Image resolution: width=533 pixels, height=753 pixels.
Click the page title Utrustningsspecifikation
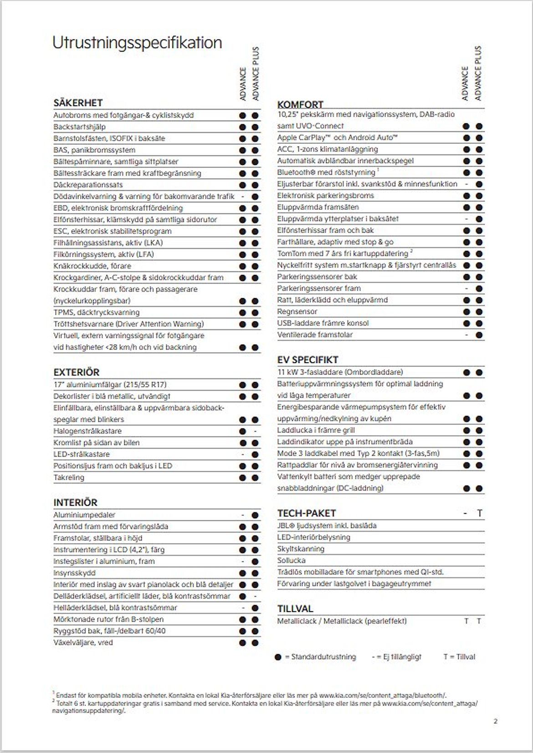(137, 43)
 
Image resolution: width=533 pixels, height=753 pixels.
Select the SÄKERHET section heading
(78, 103)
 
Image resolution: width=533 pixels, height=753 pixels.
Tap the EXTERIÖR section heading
(76, 372)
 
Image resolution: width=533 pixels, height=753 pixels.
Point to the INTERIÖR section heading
(75, 503)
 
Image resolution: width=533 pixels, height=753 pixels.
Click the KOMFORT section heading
(300, 104)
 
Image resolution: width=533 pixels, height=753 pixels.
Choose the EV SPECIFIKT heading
(307, 360)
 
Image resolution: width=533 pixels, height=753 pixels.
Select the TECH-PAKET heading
(306, 513)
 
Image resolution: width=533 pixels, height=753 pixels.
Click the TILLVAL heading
(295, 609)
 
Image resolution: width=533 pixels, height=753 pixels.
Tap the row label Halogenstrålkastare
(87, 431)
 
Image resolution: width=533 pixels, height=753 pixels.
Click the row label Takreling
(69, 478)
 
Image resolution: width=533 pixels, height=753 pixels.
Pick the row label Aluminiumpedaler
(84, 515)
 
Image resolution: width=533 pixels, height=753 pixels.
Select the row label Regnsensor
(297, 311)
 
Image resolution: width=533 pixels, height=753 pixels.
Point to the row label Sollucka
(291, 560)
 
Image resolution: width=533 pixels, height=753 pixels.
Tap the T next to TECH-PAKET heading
(479, 513)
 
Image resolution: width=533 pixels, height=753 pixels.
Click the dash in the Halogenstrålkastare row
(255, 431)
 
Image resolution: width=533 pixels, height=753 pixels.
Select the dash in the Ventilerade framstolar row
(466, 335)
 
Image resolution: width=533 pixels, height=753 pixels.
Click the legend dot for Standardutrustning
(278, 657)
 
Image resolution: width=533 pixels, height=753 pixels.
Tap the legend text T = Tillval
(459, 657)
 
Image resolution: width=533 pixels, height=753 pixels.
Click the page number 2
(496, 721)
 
